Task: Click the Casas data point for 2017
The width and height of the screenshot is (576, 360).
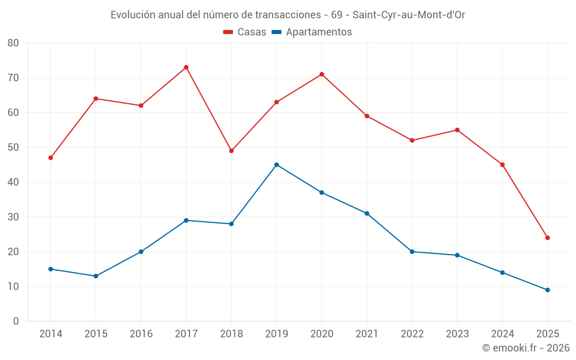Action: tap(186, 67)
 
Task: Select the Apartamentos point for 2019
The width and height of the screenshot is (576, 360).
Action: tap(276, 165)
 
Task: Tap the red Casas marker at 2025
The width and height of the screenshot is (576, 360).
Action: tap(547, 238)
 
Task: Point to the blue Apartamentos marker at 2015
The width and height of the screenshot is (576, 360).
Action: tap(96, 276)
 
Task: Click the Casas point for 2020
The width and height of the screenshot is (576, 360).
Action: tap(321, 74)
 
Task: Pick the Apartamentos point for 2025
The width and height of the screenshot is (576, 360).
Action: tap(547, 290)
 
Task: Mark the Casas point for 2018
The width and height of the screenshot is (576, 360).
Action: tap(231, 151)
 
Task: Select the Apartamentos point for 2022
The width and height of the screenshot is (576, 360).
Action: tap(412, 252)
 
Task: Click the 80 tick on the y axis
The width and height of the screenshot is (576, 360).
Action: tap(13, 43)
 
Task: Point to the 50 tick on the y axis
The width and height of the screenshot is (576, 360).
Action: tap(13, 147)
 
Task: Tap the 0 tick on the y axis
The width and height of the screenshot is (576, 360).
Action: tap(16, 321)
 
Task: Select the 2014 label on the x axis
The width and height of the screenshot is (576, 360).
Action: tap(51, 334)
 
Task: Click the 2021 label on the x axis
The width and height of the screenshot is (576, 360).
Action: tap(367, 334)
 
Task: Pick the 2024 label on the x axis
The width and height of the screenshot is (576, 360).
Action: tap(502, 334)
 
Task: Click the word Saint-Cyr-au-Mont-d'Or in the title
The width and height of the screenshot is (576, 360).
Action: tap(408, 15)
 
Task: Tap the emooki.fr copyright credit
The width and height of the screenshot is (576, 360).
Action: tap(526, 348)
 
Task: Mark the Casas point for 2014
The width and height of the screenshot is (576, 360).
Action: tap(51, 158)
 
